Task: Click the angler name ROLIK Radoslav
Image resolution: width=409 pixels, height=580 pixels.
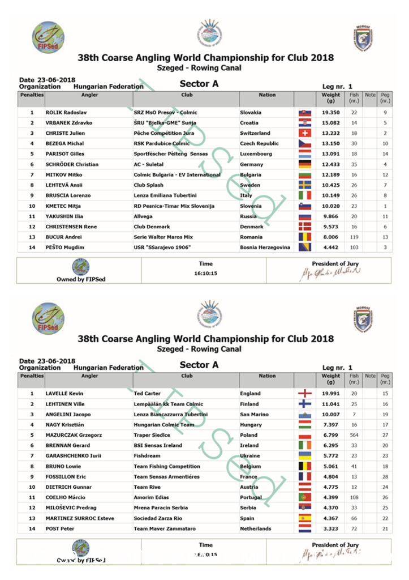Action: [65, 113]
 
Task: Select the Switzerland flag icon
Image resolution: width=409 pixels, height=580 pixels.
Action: [304, 133]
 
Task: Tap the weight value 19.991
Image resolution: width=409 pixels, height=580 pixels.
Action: [330, 394]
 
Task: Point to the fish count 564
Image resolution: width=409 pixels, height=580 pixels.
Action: [354, 435]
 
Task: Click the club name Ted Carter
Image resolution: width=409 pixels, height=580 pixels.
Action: [147, 394]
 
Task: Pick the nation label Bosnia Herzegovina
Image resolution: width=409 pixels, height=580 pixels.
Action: [265, 248]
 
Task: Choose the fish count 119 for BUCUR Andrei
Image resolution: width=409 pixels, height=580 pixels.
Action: [354, 237]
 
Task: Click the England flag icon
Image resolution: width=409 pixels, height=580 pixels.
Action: [304, 394]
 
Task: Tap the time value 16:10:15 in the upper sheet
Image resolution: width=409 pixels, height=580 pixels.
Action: [206, 273]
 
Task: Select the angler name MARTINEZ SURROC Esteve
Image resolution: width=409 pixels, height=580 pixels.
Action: [80, 518]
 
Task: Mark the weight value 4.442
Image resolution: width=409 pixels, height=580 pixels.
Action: [330, 248]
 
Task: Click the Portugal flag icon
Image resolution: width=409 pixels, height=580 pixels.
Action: [304, 497]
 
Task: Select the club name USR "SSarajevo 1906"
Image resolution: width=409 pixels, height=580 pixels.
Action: [160, 248]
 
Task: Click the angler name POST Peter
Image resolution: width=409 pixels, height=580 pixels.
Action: [60, 528]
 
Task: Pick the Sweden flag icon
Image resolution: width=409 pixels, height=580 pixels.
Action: [304, 185]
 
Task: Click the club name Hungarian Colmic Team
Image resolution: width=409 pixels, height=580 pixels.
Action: [164, 425]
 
